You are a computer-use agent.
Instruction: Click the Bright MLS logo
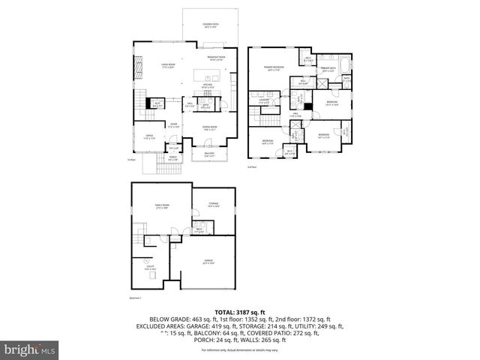click(x=29, y=349)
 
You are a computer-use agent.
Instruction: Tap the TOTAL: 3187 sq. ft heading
click(x=239, y=310)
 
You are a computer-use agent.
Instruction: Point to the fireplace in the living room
click(x=136, y=69)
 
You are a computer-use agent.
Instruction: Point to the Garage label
click(x=208, y=262)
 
